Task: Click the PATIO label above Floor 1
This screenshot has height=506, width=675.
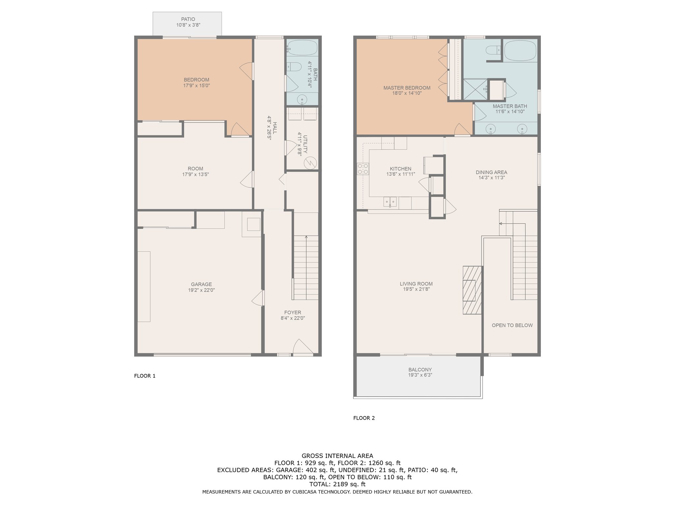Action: tap(188, 19)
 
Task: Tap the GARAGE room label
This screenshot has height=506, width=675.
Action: tap(201, 284)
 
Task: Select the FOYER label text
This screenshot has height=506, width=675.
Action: tap(293, 313)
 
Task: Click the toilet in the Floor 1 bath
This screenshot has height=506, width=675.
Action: tap(294, 67)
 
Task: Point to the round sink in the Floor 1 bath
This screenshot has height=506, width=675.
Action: tap(302, 99)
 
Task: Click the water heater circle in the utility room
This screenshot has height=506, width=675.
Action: tap(310, 163)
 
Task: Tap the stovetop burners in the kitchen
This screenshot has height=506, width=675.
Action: tap(363, 169)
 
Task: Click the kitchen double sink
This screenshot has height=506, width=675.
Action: tap(390, 202)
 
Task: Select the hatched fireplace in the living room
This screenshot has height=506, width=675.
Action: tap(472, 290)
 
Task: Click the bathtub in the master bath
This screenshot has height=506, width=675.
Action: tap(520, 50)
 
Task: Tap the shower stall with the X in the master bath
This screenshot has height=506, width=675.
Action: tap(475, 89)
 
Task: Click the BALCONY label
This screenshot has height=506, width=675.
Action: tap(420, 370)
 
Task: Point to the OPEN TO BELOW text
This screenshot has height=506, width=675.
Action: tap(512, 325)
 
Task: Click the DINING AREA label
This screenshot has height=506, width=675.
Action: tap(491, 172)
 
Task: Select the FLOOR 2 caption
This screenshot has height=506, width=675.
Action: tap(364, 418)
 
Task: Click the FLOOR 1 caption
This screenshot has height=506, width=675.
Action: tap(145, 376)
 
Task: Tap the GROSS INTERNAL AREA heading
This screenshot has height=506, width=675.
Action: tap(337, 456)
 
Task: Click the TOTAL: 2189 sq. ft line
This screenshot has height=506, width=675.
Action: tap(337, 484)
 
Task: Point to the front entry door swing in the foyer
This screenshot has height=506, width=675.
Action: tap(303, 347)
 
